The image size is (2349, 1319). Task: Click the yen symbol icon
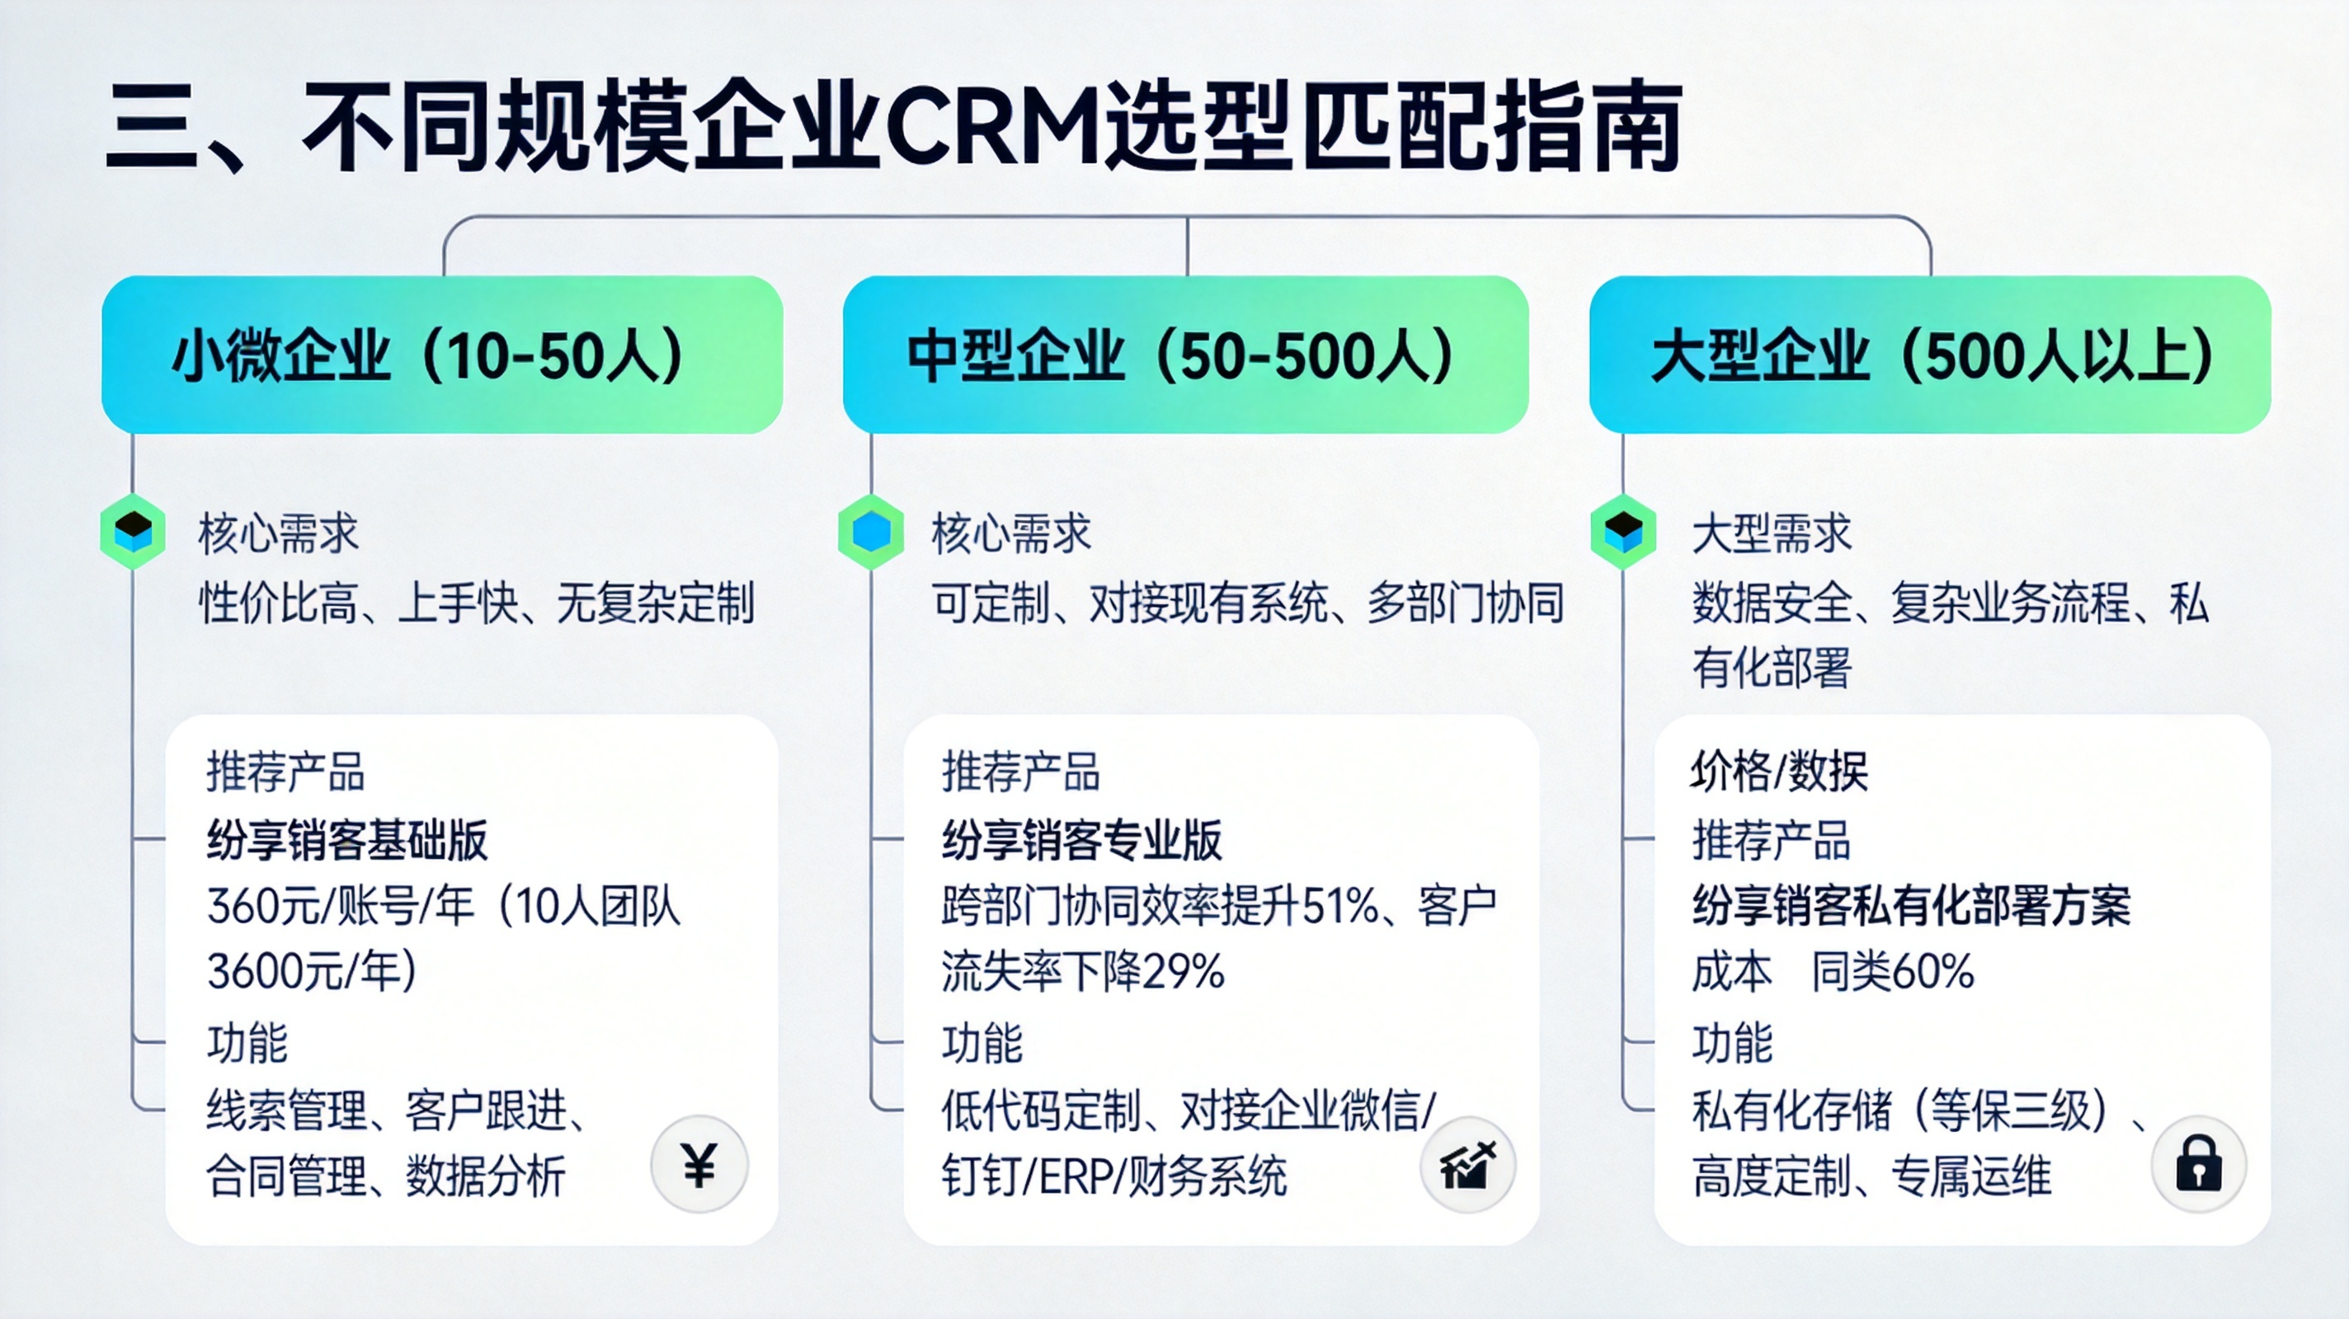699,1165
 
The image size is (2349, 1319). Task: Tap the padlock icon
2199,1164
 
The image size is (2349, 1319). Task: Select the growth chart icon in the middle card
1467,1165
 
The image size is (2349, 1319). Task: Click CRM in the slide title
994,128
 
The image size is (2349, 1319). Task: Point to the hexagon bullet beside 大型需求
1623,532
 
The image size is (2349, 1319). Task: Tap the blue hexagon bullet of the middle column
871,532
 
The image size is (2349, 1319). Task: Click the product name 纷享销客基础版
347,839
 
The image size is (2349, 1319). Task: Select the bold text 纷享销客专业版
1081,839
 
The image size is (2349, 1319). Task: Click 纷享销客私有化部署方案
1911,906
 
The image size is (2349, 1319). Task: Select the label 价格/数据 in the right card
1779,771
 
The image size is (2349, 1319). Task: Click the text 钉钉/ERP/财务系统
1113,1176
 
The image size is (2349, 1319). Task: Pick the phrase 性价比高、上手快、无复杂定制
477,603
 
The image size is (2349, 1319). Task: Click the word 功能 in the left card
247,1043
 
